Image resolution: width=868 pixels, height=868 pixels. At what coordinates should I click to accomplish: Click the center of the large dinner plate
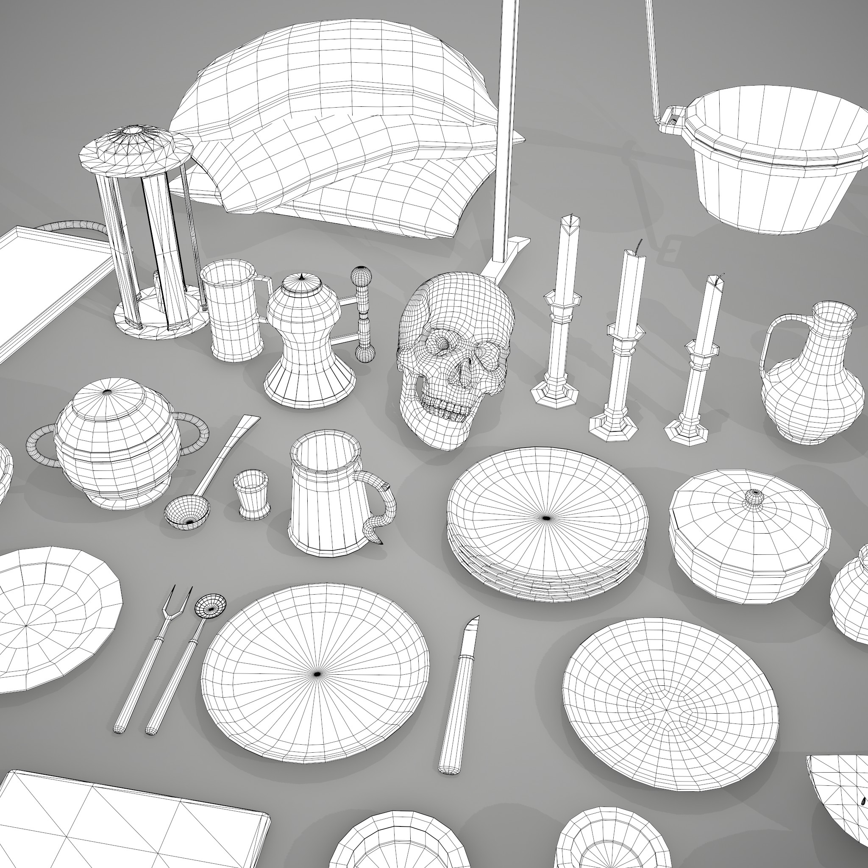[x=317, y=674]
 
